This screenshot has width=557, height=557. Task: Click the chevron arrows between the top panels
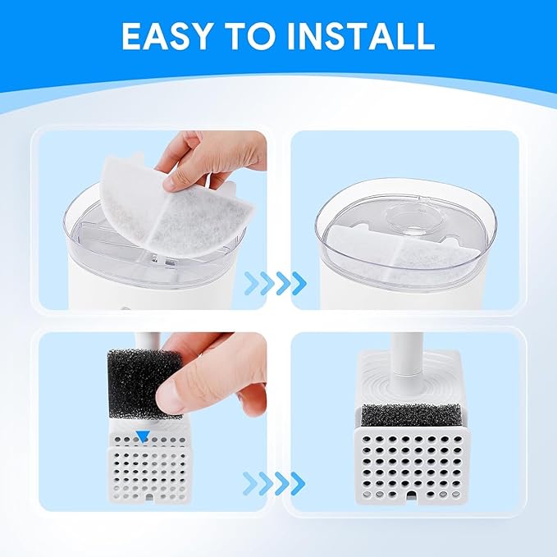click(277, 283)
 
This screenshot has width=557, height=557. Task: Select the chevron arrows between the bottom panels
click(277, 482)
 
